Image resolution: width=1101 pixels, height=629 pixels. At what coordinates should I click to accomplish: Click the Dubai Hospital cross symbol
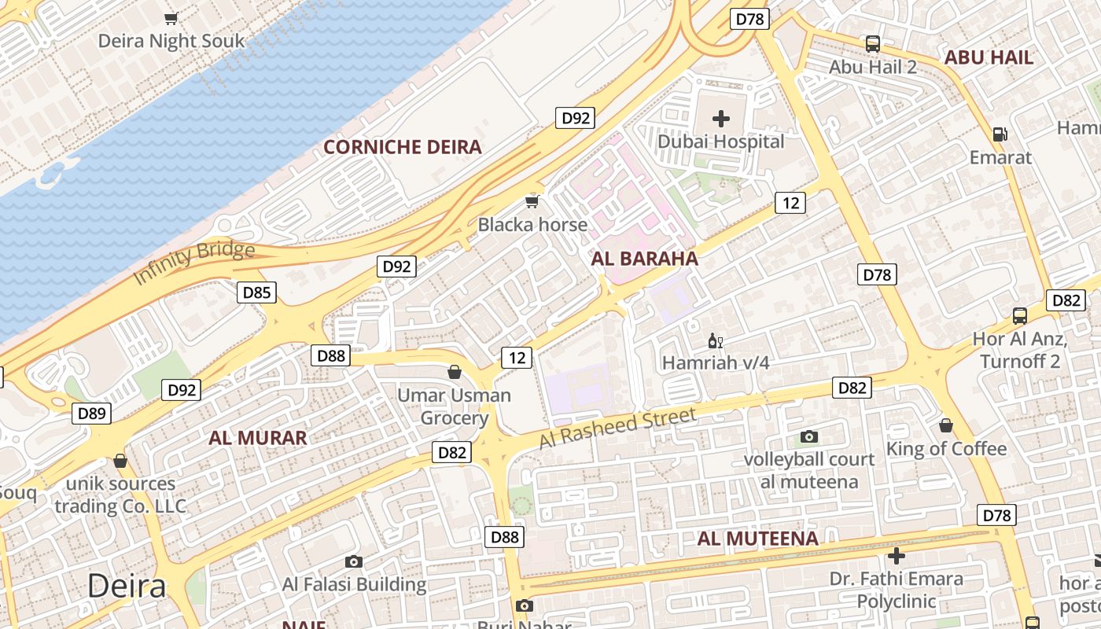tap(720, 120)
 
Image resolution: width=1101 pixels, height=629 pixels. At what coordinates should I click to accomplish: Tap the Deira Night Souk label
tap(171, 41)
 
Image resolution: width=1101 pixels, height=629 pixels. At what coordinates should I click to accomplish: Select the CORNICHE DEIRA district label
tap(403, 147)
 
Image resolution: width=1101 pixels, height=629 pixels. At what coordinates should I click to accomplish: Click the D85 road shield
tap(256, 293)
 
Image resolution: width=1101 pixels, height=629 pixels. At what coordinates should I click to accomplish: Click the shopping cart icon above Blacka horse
tap(532, 202)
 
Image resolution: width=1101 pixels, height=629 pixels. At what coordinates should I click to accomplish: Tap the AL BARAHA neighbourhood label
tap(644, 259)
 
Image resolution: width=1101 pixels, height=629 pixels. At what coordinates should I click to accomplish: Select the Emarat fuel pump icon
tap(1000, 134)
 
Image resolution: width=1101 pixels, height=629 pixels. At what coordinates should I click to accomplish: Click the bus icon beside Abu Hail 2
tap(872, 44)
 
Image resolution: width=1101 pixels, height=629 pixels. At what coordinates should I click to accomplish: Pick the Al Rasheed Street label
tap(617, 429)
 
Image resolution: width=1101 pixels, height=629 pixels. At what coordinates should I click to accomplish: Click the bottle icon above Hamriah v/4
tap(716, 341)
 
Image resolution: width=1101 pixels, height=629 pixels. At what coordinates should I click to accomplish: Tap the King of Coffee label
tap(946, 449)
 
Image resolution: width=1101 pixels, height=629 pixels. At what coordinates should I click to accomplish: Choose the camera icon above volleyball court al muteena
tap(808, 436)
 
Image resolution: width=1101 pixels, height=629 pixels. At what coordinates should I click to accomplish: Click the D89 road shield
tap(91, 414)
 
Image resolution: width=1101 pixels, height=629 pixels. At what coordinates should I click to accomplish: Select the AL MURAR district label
tap(258, 438)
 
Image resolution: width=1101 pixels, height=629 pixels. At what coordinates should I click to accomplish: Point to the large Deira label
tap(127, 586)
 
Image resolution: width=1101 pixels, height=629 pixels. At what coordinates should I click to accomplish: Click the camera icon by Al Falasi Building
tap(354, 561)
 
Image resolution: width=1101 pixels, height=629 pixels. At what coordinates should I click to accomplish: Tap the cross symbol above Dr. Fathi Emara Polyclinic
tap(896, 557)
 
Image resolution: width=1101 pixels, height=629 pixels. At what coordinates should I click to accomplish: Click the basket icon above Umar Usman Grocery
tap(454, 372)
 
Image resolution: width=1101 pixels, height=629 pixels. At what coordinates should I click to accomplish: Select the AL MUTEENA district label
tap(758, 539)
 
